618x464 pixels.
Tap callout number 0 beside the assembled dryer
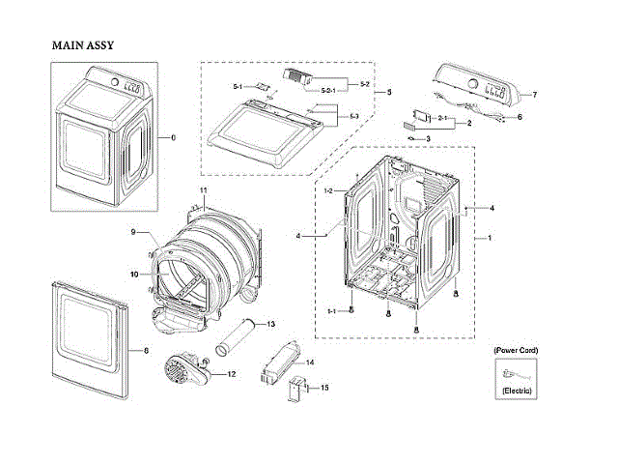(174, 138)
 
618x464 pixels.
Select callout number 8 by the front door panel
(146, 349)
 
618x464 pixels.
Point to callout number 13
(271, 323)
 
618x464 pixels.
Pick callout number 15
(324, 388)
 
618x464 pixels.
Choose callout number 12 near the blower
(231, 373)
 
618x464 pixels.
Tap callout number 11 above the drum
(204, 188)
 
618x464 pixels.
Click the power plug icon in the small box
(512, 370)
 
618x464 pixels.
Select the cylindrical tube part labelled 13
(236, 334)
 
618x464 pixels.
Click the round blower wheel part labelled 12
(182, 369)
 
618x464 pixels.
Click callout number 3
(428, 138)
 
